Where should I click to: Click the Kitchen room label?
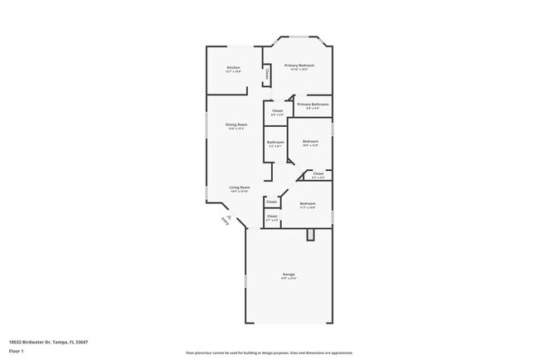[x=234, y=67]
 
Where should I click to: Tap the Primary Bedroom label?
[x=299, y=65]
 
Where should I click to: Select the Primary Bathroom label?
[x=313, y=105]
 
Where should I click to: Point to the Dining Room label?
[x=236, y=124]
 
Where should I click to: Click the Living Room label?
[x=240, y=187]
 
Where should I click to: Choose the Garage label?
[x=288, y=274]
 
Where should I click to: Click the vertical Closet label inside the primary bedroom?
[x=267, y=75]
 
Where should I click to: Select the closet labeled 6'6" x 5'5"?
[x=277, y=112]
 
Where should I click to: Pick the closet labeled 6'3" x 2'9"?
[x=318, y=174]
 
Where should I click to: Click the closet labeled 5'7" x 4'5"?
[x=272, y=217]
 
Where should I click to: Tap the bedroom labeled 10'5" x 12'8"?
[x=310, y=143]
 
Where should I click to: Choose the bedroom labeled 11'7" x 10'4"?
[x=307, y=204]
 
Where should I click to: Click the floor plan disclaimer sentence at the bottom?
[x=269, y=353]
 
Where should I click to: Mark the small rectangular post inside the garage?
[x=311, y=235]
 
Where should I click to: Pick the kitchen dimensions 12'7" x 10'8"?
[x=234, y=72]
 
